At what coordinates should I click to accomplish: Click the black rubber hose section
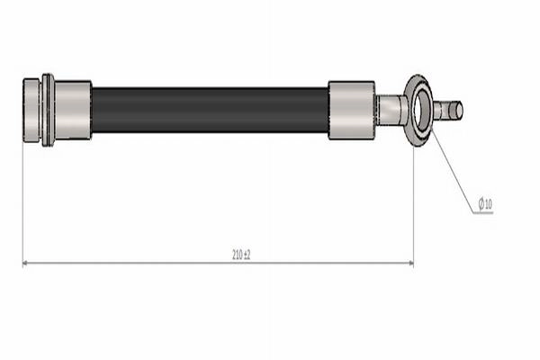210,110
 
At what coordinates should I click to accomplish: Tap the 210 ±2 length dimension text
241,255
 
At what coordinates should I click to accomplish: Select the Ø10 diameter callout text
485,204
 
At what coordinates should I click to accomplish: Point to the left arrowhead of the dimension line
25,263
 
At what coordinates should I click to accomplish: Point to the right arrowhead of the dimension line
411,263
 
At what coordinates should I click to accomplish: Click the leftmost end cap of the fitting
31,110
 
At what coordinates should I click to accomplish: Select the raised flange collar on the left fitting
48,110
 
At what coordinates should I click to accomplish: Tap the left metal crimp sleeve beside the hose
73,110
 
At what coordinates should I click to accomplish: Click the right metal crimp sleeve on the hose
351,110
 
